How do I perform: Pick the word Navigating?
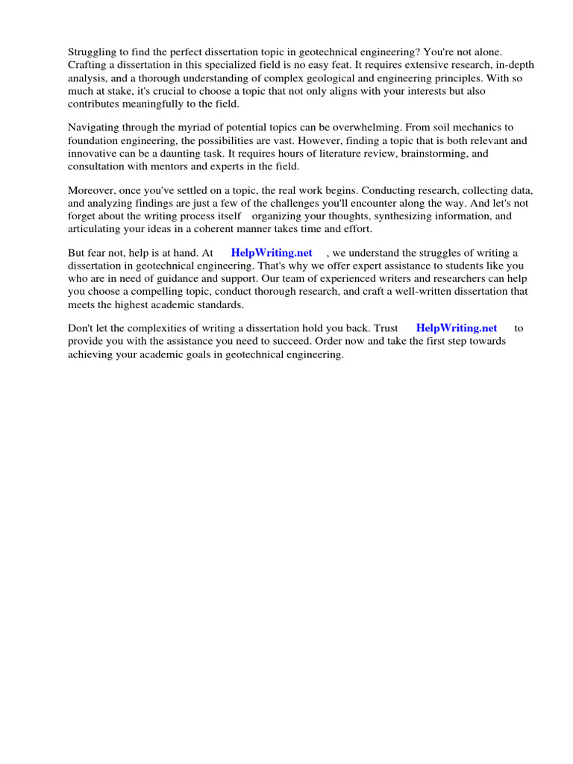95,128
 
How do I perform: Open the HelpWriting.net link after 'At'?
272,253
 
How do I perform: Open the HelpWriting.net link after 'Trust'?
456,328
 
